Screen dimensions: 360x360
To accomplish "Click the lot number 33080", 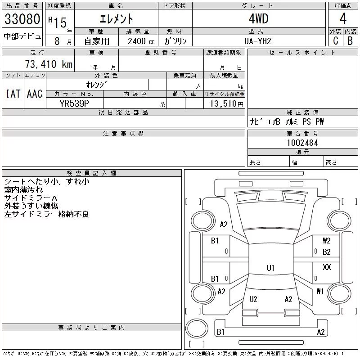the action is pyautogui.click(x=22, y=19).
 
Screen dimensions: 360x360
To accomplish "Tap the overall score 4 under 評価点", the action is pyautogui.click(x=343, y=18).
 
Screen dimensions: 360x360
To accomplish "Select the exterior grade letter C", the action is pyautogui.click(x=336, y=41).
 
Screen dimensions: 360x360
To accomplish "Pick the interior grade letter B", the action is pyautogui.click(x=350, y=41).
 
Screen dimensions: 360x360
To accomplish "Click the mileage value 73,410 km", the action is pyautogui.click(x=49, y=64).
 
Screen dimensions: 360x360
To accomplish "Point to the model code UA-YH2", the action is pyautogui.click(x=258, y=41).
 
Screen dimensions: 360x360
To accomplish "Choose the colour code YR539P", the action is pyautogui.click(x=74, y=103).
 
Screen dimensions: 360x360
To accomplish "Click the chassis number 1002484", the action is pyautogui.click(x=302, y=143).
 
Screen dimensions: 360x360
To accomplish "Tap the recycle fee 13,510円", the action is pyautogui.click(x=226, y=104).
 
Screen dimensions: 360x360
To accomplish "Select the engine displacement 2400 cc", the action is pyautogui.click(x=141, y=41).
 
